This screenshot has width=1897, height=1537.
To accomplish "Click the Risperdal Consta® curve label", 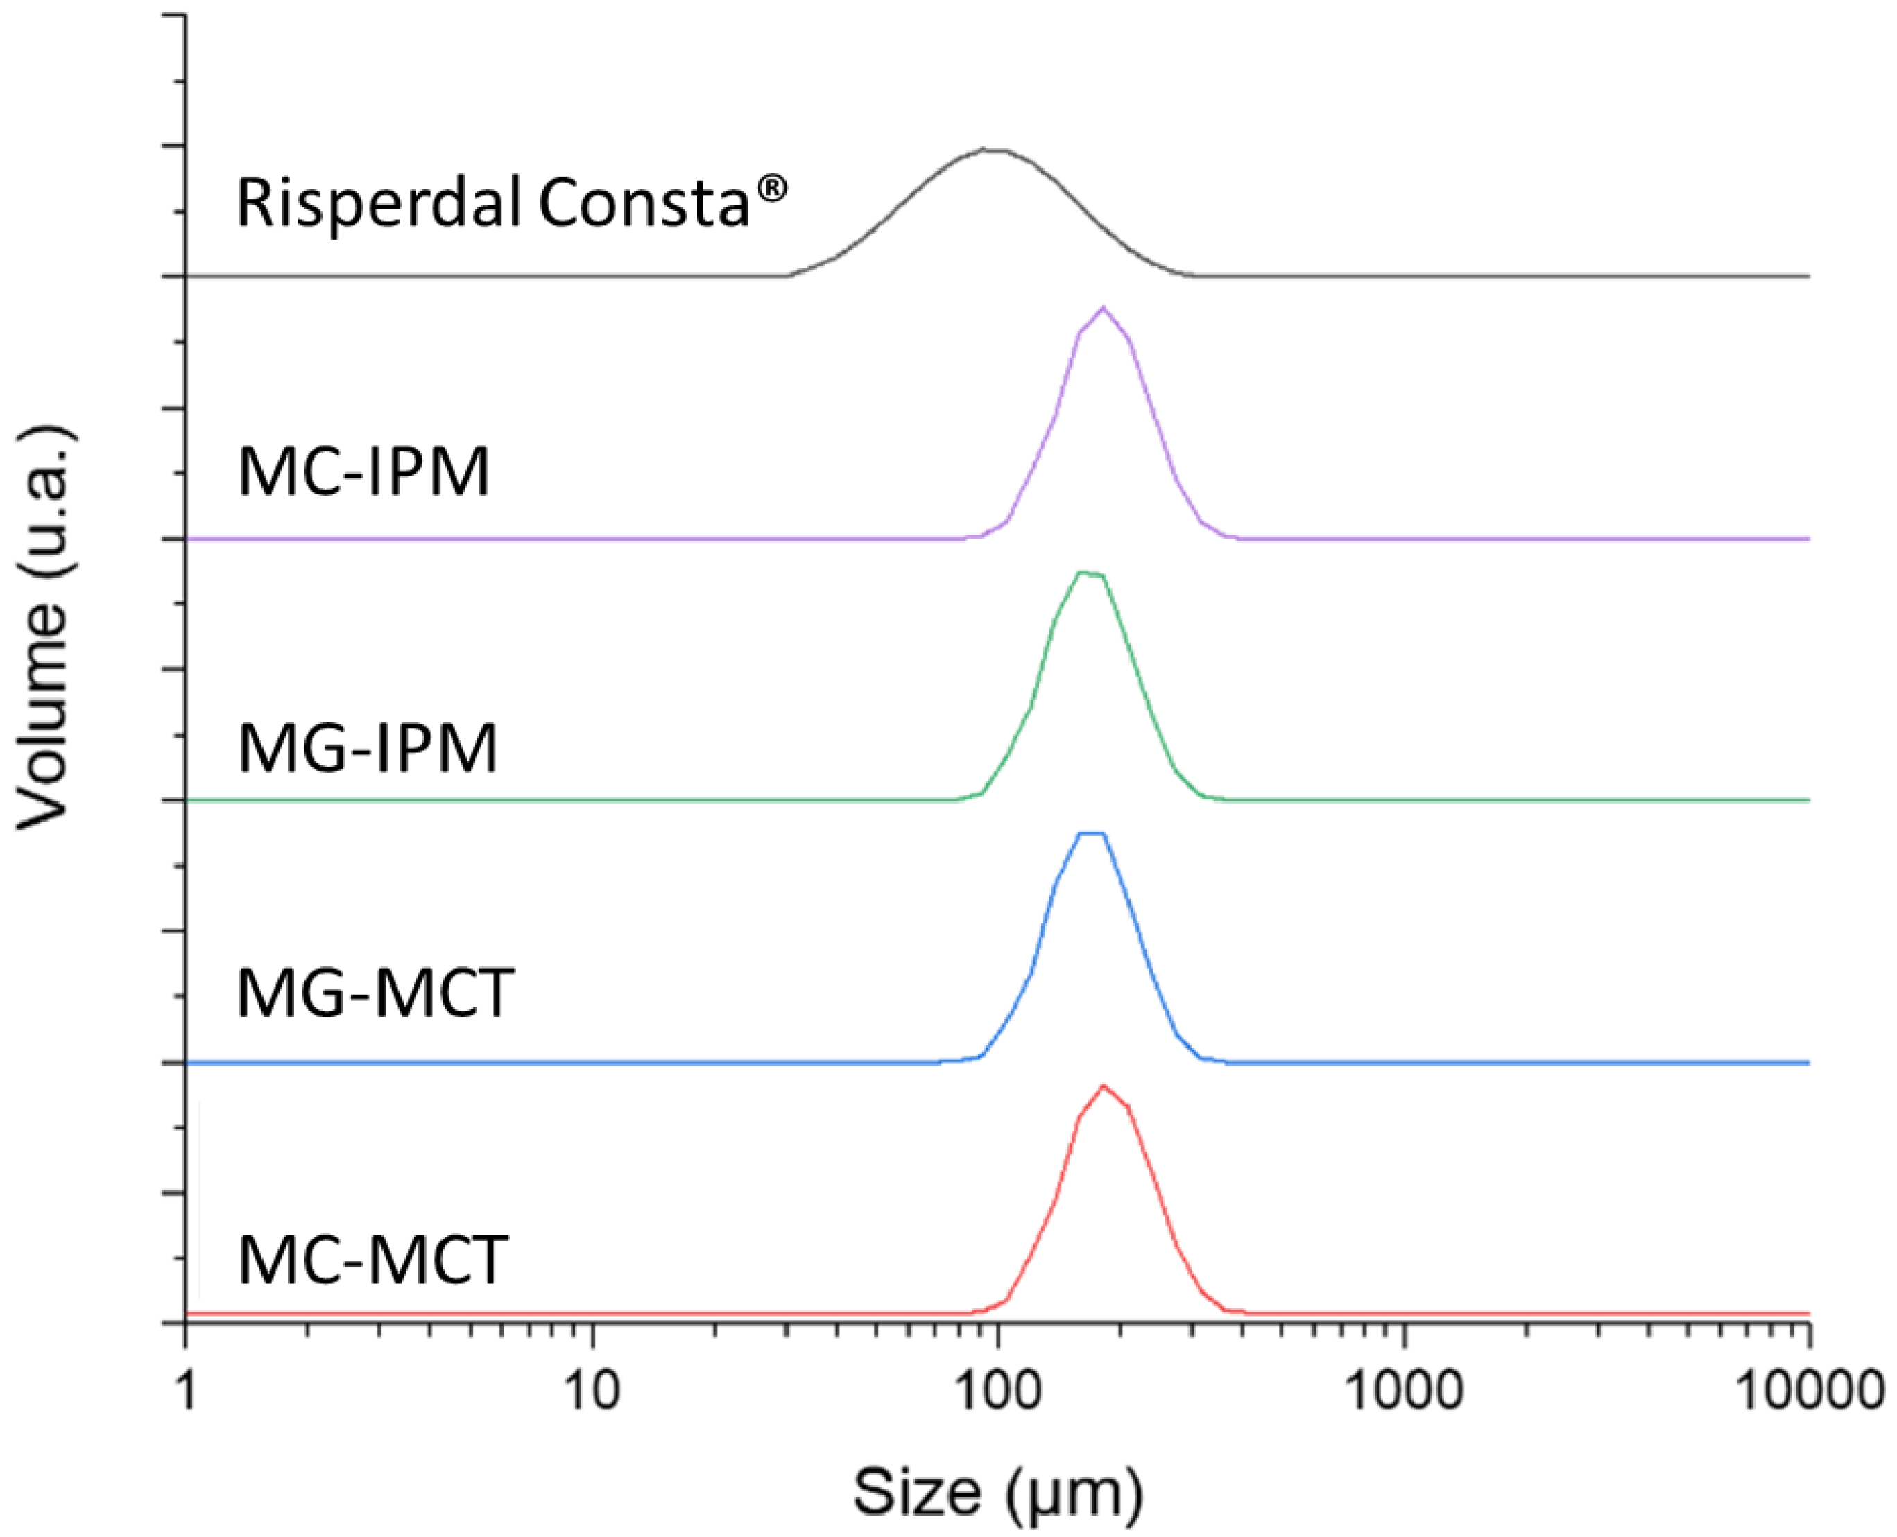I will point(511,202).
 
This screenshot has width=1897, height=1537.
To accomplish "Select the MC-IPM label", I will point(363,473).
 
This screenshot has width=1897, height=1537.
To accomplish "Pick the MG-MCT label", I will point(375,993).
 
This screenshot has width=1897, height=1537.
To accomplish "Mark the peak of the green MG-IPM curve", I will point(1090,575).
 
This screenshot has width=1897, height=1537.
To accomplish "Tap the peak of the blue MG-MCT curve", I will point(1091,834).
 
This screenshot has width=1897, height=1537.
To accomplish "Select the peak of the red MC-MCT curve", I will point(1104,1086).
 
